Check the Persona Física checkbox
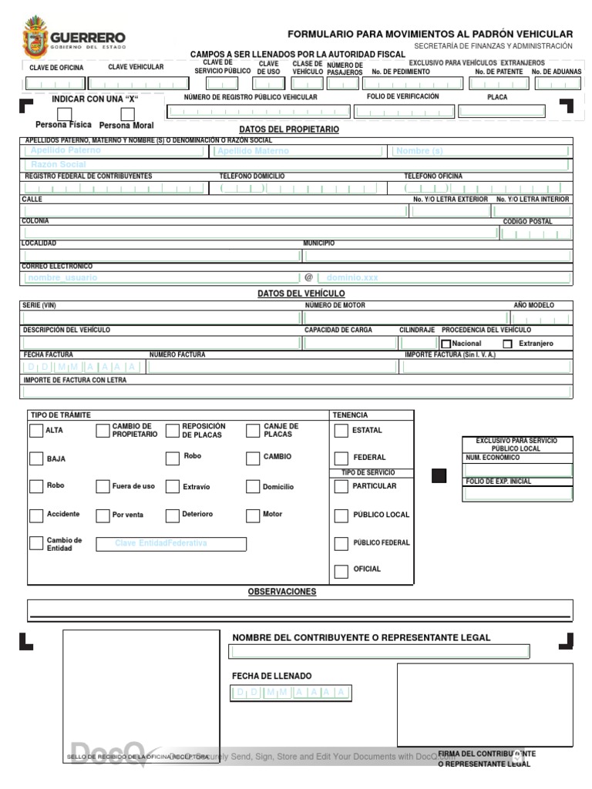tap(64, 112)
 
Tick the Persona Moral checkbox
tap(126, 113)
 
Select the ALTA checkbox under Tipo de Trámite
tap(36, 431)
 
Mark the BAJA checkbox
tap(36, 458)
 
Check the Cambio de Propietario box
tap(103, 431)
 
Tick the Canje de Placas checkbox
tap(253, 431)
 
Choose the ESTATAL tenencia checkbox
tap(341, 431)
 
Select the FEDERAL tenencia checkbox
tap(341, 458)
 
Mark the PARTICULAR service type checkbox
tap(341, 486)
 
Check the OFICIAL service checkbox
tap(341, 571)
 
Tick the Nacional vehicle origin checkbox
tap(446, 344)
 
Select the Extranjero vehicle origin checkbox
tap(507, 344)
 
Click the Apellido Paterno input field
tap(116, 151)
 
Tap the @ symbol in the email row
tap(308, 277)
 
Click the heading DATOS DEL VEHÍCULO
tap(301, 294)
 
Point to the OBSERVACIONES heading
tap(282, 592)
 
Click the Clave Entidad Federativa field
tap(171, 544)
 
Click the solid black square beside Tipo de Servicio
tap(439, 475)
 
